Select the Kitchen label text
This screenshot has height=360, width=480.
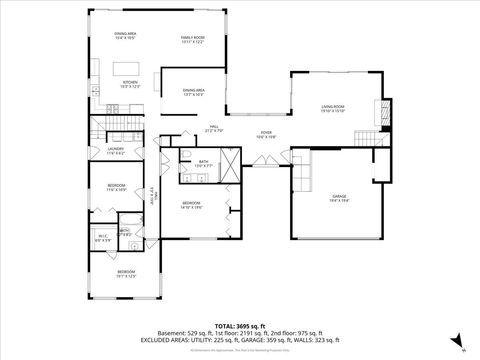pos(129,85)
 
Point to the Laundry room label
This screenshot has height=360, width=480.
pos(114,151)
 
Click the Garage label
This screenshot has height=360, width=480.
pos(338,197)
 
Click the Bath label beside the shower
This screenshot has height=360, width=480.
pos(203,162)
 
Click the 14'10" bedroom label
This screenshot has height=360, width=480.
pos(192,205)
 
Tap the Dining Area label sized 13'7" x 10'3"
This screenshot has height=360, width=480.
pos(193,92)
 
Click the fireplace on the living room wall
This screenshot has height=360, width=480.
pos(381,108)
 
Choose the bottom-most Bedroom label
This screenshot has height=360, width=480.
pos(125,274)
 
